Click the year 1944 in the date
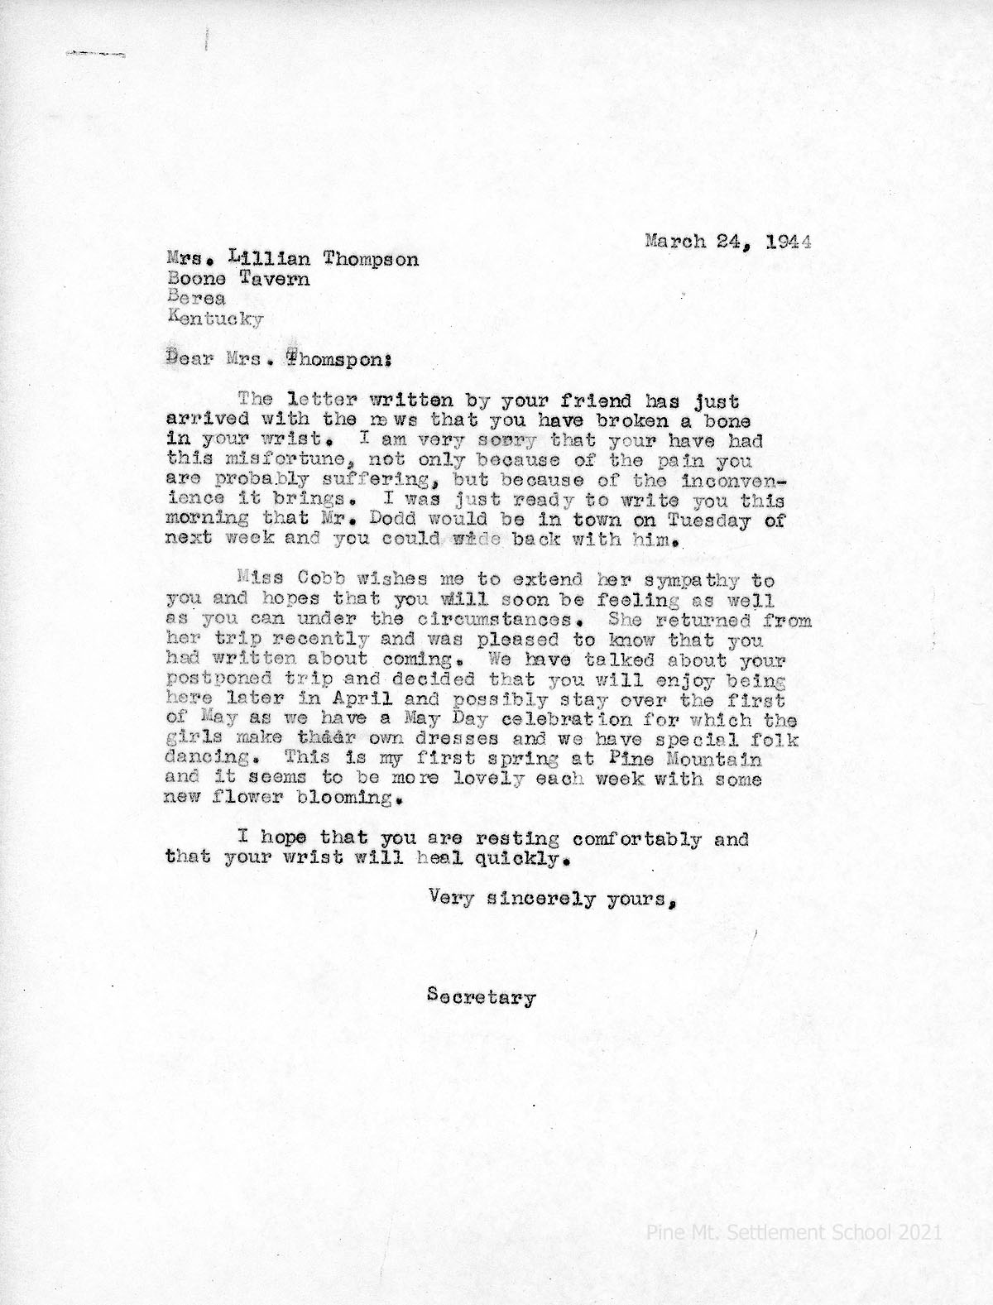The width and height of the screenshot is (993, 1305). click(788, 242)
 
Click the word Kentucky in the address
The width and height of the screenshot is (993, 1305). click(215, 318)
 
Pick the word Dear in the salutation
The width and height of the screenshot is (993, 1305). click(185, 359)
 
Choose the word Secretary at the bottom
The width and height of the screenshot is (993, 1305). click(482, 998)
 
